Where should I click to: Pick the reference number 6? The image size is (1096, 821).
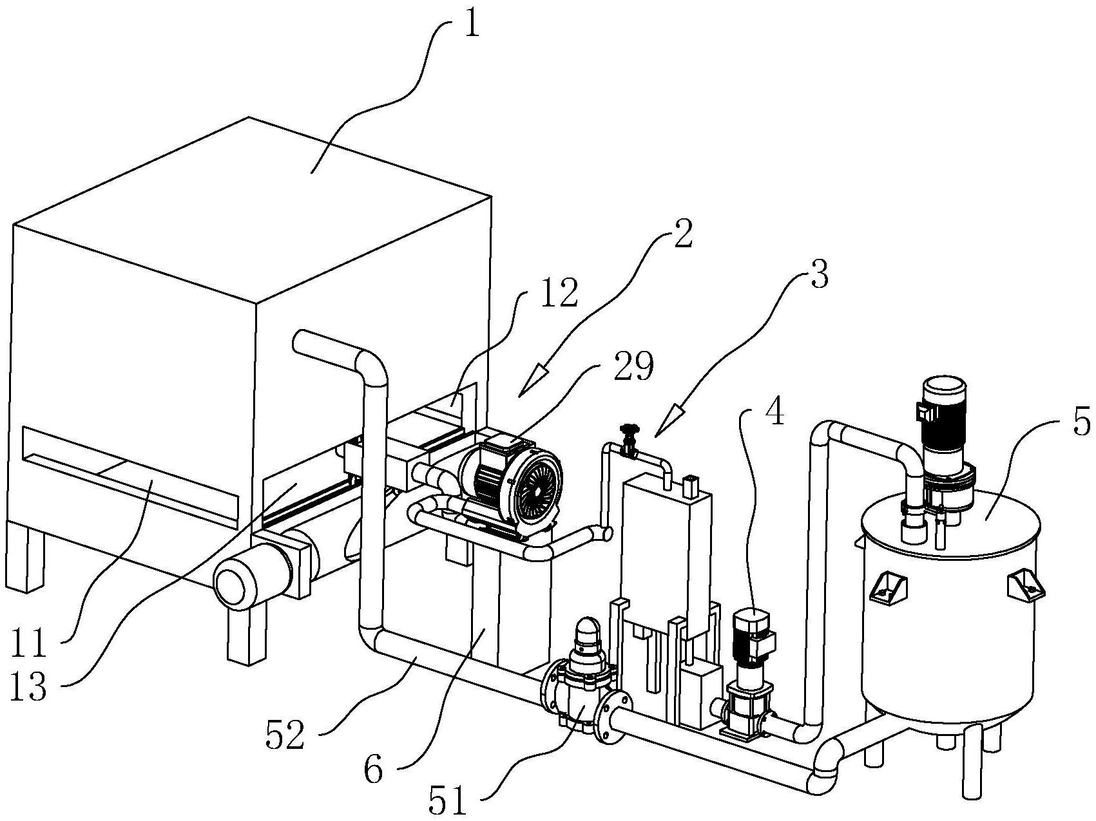[x=373, y=770]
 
